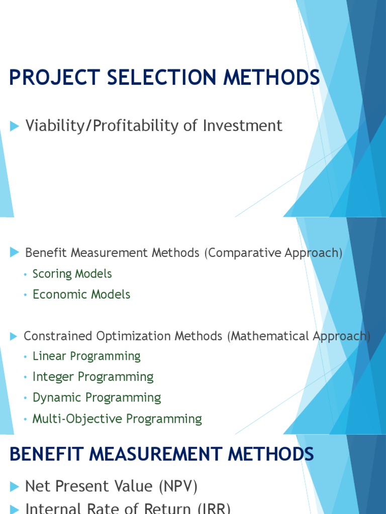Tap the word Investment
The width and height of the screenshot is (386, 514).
coord(243,125)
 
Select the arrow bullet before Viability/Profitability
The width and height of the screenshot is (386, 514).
coord(14,126)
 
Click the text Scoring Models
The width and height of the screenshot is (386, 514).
coord(72,274)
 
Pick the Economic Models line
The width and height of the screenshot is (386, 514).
coord(81,294)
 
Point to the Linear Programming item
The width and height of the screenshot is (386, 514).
coord(86,356)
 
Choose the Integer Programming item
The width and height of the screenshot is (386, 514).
coord(93,377)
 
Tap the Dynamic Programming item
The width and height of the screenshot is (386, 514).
coord(96,398)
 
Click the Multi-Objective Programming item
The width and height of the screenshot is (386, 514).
coord(117,419)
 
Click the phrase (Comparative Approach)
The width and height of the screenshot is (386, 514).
coord(273,253)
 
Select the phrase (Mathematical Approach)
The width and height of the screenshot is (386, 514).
coord(298,336)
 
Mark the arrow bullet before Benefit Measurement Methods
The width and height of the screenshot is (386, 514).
coord(14,253)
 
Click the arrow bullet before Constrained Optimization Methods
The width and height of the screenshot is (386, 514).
coord(14,336)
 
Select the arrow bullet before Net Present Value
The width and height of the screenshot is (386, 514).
coord(14,486)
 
